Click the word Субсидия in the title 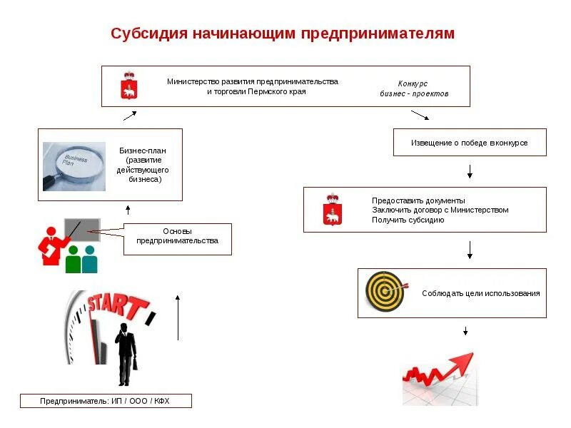148,34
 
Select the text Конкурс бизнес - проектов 413,88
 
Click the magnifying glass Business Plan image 74,166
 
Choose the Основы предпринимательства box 178,239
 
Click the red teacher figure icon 52,246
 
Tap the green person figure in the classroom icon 73,260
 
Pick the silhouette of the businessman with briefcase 126,354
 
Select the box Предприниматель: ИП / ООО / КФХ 106,402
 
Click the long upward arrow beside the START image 178,317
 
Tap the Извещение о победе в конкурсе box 469,142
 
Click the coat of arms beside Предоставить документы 331,209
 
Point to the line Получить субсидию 408,220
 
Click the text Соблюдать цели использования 480,293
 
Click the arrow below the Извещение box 470,171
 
